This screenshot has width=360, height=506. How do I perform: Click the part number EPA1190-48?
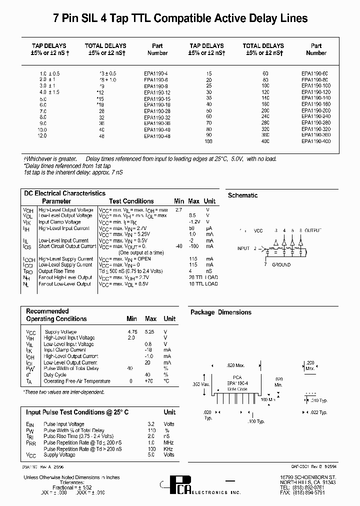click(157, 136)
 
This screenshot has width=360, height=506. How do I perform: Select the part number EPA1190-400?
click(316, 141)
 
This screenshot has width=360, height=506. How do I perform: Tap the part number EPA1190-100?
click(316, 86)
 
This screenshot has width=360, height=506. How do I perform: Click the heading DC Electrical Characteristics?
click(64, 193)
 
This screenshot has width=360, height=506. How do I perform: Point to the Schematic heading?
click(242, 195)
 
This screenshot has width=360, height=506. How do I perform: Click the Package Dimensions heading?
click(220, 312)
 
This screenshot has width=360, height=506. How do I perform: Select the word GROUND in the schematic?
click(281, 265)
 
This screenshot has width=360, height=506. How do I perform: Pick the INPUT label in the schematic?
click(243, 248)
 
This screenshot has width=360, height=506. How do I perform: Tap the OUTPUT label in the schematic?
click(312, 231)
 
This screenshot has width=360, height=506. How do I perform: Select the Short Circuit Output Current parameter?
click(67, 246)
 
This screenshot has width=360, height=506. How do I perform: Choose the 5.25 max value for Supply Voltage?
click(150, 331)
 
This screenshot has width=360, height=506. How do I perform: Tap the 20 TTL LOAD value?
click(203, 277)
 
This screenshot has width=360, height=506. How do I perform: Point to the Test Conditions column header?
click(131, 201)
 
